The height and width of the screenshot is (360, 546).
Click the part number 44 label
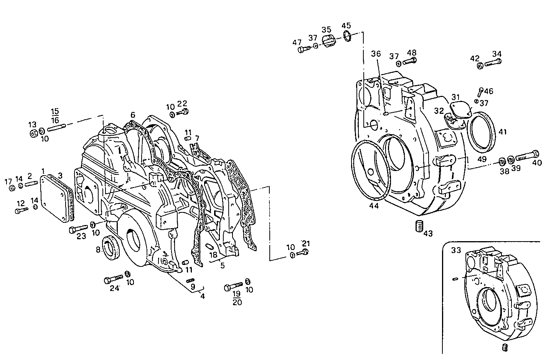(374, 206)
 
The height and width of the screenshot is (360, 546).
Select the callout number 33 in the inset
(456, 250)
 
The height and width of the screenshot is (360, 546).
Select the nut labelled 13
(33, 133)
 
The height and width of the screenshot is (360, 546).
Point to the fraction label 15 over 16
(55, 115)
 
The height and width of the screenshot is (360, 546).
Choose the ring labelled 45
(347, 36)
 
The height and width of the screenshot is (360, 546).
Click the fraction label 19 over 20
(237, 298)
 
